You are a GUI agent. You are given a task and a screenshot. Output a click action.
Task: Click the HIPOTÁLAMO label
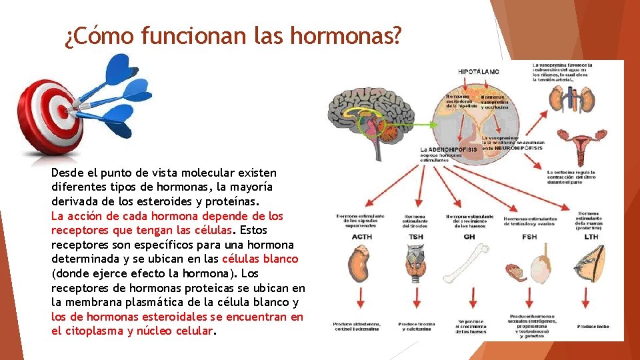click(x=478, y=71)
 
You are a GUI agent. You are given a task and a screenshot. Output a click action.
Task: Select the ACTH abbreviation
click(x=361, y=237)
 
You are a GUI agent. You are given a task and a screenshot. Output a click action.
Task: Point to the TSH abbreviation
click(x=417, y=237)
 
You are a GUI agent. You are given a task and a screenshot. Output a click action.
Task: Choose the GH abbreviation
click(x=469, y=237)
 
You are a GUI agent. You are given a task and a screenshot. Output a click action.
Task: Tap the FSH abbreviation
click(x=529, y=237)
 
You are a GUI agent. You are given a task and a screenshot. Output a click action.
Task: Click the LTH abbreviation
click(x=591, y=237)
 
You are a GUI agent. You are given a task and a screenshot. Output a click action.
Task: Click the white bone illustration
click(x=470, y=263)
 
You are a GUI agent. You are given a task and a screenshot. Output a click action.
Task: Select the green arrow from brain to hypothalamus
click(x=407, y=123)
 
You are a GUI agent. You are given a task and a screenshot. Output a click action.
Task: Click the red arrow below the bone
click(x=471, y=299)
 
